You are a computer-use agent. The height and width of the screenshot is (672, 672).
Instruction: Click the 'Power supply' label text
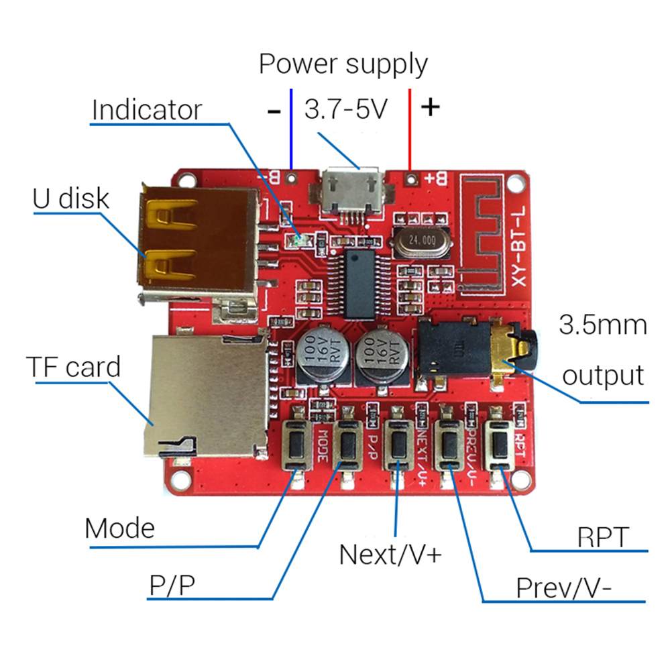[343, 65]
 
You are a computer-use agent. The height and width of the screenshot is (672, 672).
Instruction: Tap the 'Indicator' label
[146, 110]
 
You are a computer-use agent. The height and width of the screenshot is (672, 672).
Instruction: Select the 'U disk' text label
[70, 199]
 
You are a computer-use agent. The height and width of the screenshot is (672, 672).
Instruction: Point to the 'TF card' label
[73, 367]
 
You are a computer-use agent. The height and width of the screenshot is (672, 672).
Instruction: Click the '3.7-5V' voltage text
[346, 109]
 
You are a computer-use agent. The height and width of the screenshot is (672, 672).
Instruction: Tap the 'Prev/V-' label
[563, 587]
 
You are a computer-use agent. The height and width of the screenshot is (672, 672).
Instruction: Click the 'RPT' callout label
[604, 537]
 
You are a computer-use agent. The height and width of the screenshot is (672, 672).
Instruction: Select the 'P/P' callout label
[172, 587]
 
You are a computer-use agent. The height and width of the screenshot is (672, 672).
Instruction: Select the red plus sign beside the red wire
[430, 107]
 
